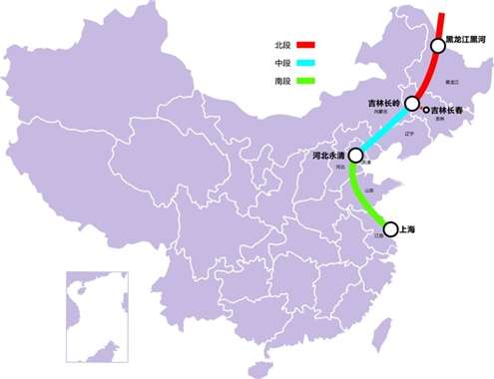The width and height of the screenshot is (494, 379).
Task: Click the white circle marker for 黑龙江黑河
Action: coord(437,45)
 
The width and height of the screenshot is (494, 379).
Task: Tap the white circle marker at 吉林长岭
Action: coord(411,103)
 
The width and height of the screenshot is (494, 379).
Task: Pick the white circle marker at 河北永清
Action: coord(355,156)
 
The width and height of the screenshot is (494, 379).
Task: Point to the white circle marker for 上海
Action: coord(390,228)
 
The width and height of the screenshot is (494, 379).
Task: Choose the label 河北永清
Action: coord(328,157)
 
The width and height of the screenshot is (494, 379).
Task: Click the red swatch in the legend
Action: coord(305,45)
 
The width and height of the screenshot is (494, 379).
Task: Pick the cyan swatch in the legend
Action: coord(305,62)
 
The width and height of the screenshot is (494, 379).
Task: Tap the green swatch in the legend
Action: coord(305,80)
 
